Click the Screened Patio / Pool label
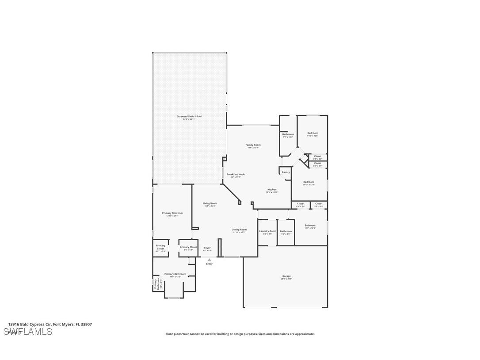pos(189,116)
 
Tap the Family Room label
pos(253,145)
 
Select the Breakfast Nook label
pos(236,174)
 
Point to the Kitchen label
pos(272,189)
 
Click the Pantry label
pos(286,172)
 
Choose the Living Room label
pos(210,203)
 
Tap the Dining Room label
pos(239,230)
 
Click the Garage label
pos(286,276)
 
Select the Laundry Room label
pos(267,231)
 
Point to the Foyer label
pos(207,248)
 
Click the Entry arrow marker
pos(209,260)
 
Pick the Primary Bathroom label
pos(175,274)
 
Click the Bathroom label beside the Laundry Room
pos(286,231)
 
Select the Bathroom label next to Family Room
pos(288,134)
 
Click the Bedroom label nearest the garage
pos(310,225)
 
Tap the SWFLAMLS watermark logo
pos(27,332)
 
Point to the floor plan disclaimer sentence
pos(240,334)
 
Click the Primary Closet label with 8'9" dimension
pos(188,247)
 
